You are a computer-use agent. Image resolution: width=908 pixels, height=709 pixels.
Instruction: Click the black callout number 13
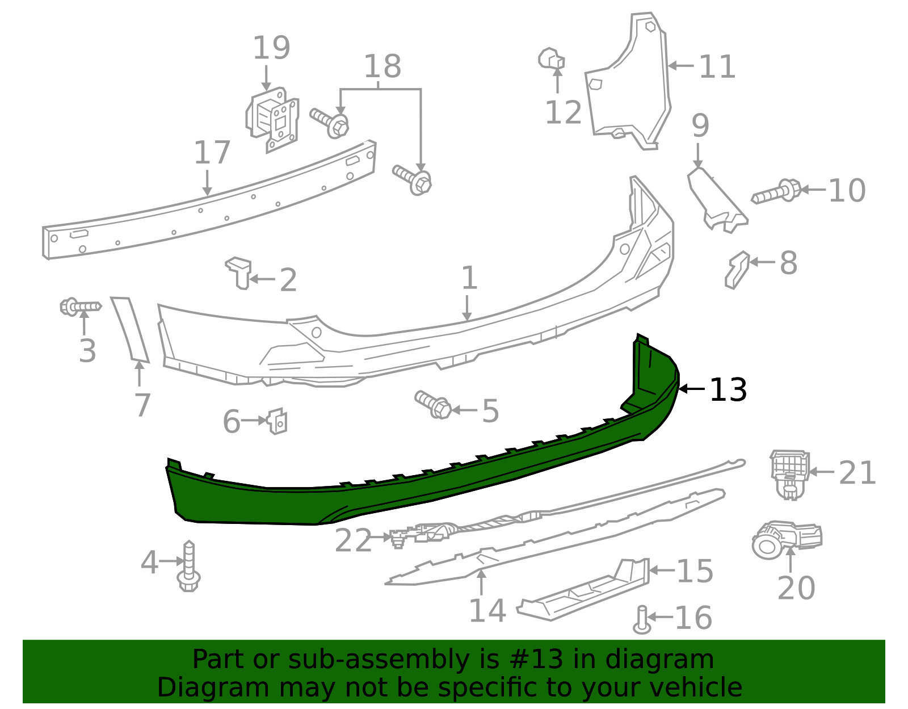tap(728, 390)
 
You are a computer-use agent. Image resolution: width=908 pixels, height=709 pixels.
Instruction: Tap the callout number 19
tap(271, 48)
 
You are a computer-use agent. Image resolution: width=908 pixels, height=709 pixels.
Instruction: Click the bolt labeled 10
tap(776, 192)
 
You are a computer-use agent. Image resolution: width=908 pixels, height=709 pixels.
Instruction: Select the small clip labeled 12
tap(551, 58)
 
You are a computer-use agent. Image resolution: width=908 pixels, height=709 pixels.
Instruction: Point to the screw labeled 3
tap(80, 307)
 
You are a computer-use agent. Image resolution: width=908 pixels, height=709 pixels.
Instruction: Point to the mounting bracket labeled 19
tap(274, 119)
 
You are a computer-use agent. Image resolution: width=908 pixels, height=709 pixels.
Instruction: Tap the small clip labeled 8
tap(737, 269)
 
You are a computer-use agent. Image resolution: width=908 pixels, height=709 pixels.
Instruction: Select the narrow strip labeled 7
tap(130, 329)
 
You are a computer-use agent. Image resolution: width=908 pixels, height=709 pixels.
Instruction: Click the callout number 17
tap(212, 153)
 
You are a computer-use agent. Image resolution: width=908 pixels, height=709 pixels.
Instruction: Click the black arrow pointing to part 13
tap(692, 389)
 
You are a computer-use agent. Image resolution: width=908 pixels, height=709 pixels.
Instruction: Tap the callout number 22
tap(352, 540)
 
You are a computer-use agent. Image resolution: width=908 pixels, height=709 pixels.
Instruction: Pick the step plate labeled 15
tap(585, 590)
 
